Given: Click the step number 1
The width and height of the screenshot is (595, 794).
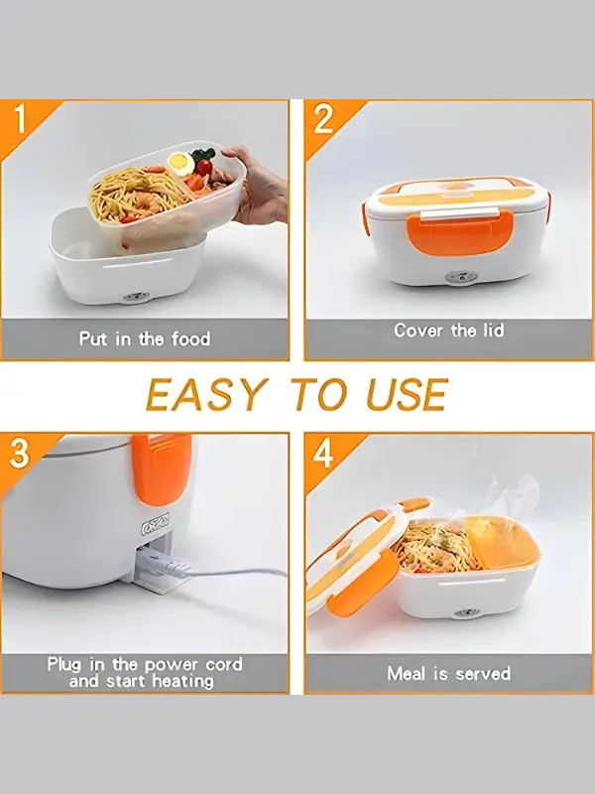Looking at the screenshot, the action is [20, 120].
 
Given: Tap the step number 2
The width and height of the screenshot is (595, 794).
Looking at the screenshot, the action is [324, 119].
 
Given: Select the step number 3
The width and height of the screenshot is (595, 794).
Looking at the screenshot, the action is [19, 454].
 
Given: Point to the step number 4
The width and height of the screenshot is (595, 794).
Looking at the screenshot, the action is [323, 454].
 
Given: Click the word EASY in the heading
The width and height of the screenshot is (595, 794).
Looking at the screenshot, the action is [206, 395].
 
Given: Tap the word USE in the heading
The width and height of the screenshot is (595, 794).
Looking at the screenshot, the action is [407, 395].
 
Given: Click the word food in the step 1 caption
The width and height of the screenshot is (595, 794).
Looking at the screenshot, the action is [190, 338].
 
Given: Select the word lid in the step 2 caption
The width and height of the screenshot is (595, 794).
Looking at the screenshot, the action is [491, 331].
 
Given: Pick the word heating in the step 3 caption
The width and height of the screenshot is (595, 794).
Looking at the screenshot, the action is [182, 681].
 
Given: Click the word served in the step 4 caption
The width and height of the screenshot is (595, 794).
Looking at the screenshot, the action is [483, 674].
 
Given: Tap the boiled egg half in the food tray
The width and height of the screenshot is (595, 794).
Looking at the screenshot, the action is [180, 163].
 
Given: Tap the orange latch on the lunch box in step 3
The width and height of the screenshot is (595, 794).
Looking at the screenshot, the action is [162, 468].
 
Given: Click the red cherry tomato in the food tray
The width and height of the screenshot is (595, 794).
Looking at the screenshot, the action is [204, 167].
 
